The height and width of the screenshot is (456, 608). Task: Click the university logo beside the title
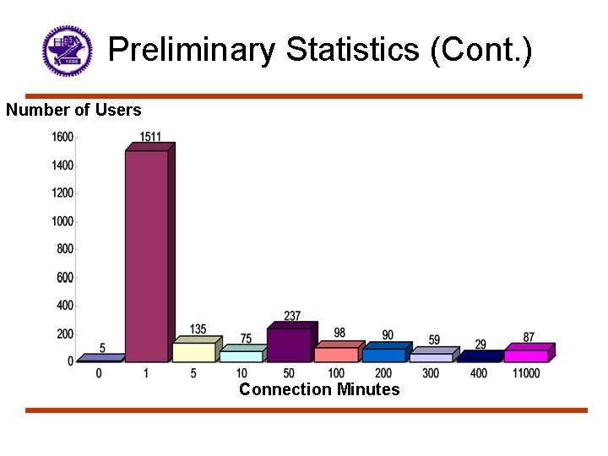pos(67,51)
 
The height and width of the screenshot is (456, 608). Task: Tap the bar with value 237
pos(289,345)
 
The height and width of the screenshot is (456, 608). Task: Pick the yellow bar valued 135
pos(194,351)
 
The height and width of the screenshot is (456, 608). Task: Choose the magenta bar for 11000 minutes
pos(526,356)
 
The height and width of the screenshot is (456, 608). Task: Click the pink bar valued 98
pos(336,354)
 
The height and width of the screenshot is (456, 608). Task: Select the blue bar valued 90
pos(384,355)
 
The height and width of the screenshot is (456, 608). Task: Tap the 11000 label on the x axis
pos(526,373)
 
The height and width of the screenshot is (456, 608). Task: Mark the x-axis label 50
pos(289,373)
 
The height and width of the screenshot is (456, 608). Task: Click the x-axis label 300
pos(431,373)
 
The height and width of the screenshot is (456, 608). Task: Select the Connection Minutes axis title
pos(319,389)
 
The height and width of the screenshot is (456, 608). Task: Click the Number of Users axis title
pos(73,110)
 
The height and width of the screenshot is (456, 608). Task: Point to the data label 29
pos(480,345)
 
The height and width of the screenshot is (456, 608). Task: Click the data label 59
pos(434,339)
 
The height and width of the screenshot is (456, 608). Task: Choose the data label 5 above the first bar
pos(102,348)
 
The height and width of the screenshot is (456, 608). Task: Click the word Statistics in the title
pos(353,50)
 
